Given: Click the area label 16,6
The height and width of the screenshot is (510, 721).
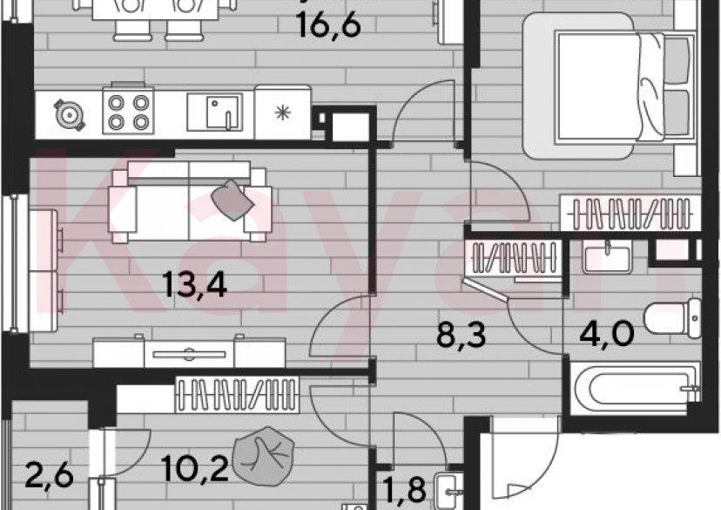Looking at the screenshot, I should pyautogui.click(x=328, y=25).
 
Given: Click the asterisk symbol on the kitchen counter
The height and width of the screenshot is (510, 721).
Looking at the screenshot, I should pyautogui.click(x=282, y=112).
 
